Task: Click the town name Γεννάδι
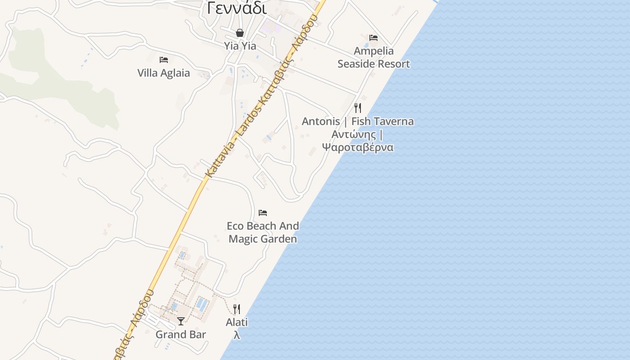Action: tap(237, 8)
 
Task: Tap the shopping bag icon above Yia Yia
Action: tap(240, 33)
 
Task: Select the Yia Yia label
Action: tap(240, 46)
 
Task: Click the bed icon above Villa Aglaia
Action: tap(164, 59)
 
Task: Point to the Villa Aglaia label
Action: tap(164, 73)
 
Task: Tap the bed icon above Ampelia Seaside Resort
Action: tap(373, 37)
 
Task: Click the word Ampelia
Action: tap(373, 51)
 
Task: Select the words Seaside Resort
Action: tap(373, 64)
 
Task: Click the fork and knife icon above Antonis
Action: tap(358, 108)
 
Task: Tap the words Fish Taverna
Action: tap(382, 121)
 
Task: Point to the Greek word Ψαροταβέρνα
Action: tap(358, 148)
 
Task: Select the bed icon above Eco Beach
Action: tap(263, 212)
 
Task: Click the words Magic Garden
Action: tap(263, 239)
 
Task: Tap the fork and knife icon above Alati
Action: tap(237, 309)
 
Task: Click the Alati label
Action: tap(237, 322)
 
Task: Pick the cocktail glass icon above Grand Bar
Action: tap(181, 321)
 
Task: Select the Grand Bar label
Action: tap(181, 334)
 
